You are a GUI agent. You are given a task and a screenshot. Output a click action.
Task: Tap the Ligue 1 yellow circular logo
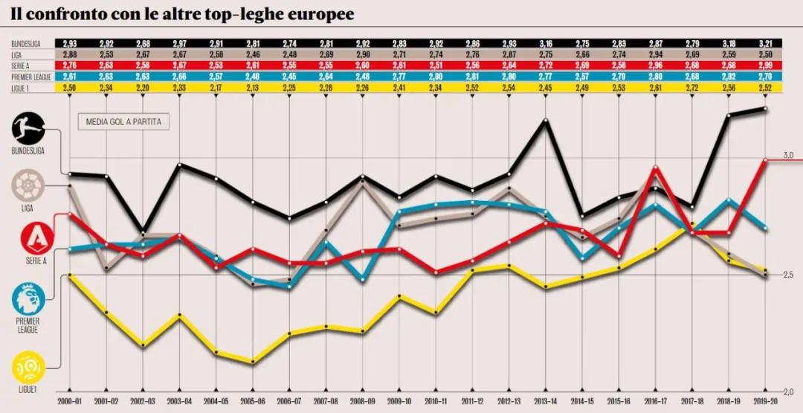coord(28,367)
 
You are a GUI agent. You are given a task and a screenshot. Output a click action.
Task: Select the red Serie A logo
coord(28,238)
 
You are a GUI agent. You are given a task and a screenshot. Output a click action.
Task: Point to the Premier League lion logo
coord(28,300)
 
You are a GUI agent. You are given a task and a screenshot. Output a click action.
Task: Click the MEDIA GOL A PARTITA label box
coord(123,123)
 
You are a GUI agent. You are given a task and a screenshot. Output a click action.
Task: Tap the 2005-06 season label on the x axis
coord(253,403)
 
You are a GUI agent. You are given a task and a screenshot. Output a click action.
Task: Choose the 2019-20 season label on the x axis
coord(765,403)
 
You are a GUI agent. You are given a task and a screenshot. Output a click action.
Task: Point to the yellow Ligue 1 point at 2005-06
coord(253,362)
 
